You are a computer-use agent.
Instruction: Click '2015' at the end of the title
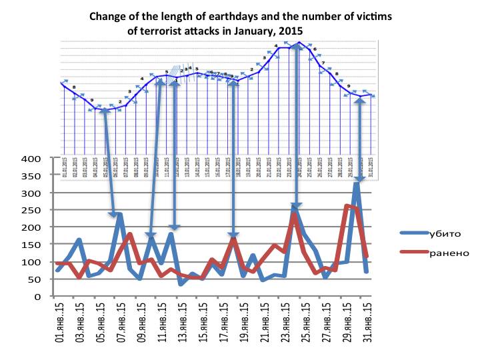click(290, 31)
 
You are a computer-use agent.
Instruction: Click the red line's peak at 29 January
click(347, 205)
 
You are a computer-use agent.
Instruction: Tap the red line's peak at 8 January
click(130, 234)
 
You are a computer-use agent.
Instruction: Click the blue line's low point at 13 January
click(181, 285)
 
